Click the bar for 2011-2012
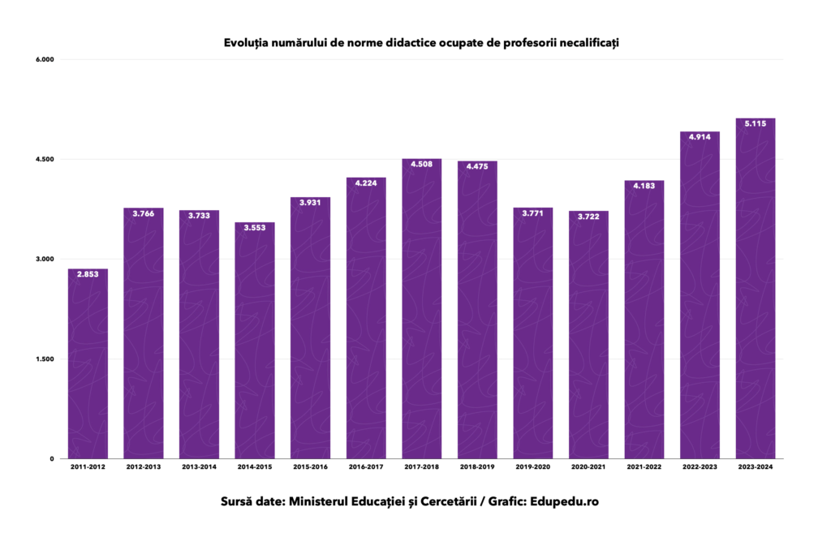[x=88, y=365]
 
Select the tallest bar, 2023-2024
[x=756, y=292]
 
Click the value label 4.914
[x=700, y=138]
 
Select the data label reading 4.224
[x=366, y=183]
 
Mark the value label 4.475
[x=477, y=167]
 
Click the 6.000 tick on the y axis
[x=43, y=59]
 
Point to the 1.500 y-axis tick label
[x=43, y=359]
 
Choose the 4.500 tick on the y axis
[x=43, y=159]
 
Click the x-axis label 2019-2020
[x=532, y=468]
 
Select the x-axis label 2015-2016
[x=310, y=468]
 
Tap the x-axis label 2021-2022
[x=644, y=468]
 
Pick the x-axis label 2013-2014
[x=199, y=468]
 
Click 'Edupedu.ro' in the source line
[x=564, y=502]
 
